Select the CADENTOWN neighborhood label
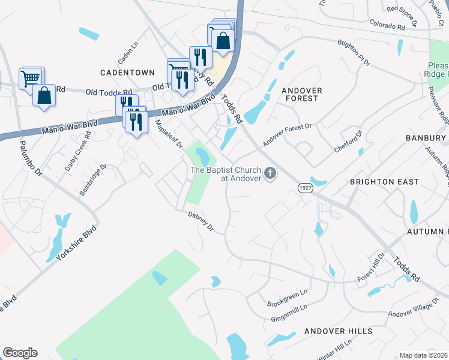(128, 73)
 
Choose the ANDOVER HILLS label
(334, 331)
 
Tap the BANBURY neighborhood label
(425, 138)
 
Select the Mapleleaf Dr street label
(169, 134)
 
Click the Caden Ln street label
(128, 53)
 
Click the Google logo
(20, 353)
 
